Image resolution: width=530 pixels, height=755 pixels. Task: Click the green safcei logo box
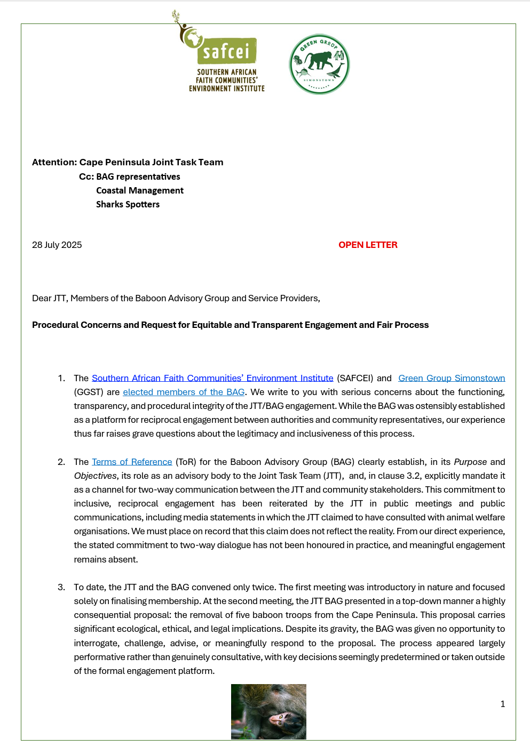(x=227, y=51)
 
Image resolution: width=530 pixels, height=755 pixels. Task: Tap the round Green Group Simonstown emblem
(x=319, y=65)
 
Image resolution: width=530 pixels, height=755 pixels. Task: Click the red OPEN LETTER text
(x=368, y=245)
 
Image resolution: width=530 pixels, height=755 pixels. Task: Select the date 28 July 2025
(x=57, y=245)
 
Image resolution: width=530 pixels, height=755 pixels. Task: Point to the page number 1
(x=502, y=704)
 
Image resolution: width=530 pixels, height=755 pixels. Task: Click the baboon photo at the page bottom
(x=268, y=711)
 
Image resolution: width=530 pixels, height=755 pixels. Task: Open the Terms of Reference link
(x=132, y=462)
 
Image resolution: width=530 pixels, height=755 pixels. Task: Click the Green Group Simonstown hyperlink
(x=452, y=378)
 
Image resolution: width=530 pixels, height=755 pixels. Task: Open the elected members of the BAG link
(x=184, y=392)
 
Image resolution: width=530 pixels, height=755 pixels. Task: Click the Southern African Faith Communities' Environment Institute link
(x=212, y=378)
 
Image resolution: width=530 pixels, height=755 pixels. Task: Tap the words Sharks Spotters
(x=128, y=204)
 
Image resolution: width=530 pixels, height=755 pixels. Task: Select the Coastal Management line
(x=140, y=190)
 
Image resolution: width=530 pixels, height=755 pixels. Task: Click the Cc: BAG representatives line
(x=130, y=176)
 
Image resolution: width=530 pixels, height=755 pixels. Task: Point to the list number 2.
(x=61, y=462)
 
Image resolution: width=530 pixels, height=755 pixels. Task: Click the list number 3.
(x=61, y=587)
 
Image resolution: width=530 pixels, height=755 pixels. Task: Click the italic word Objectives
(x=95, y=476)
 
